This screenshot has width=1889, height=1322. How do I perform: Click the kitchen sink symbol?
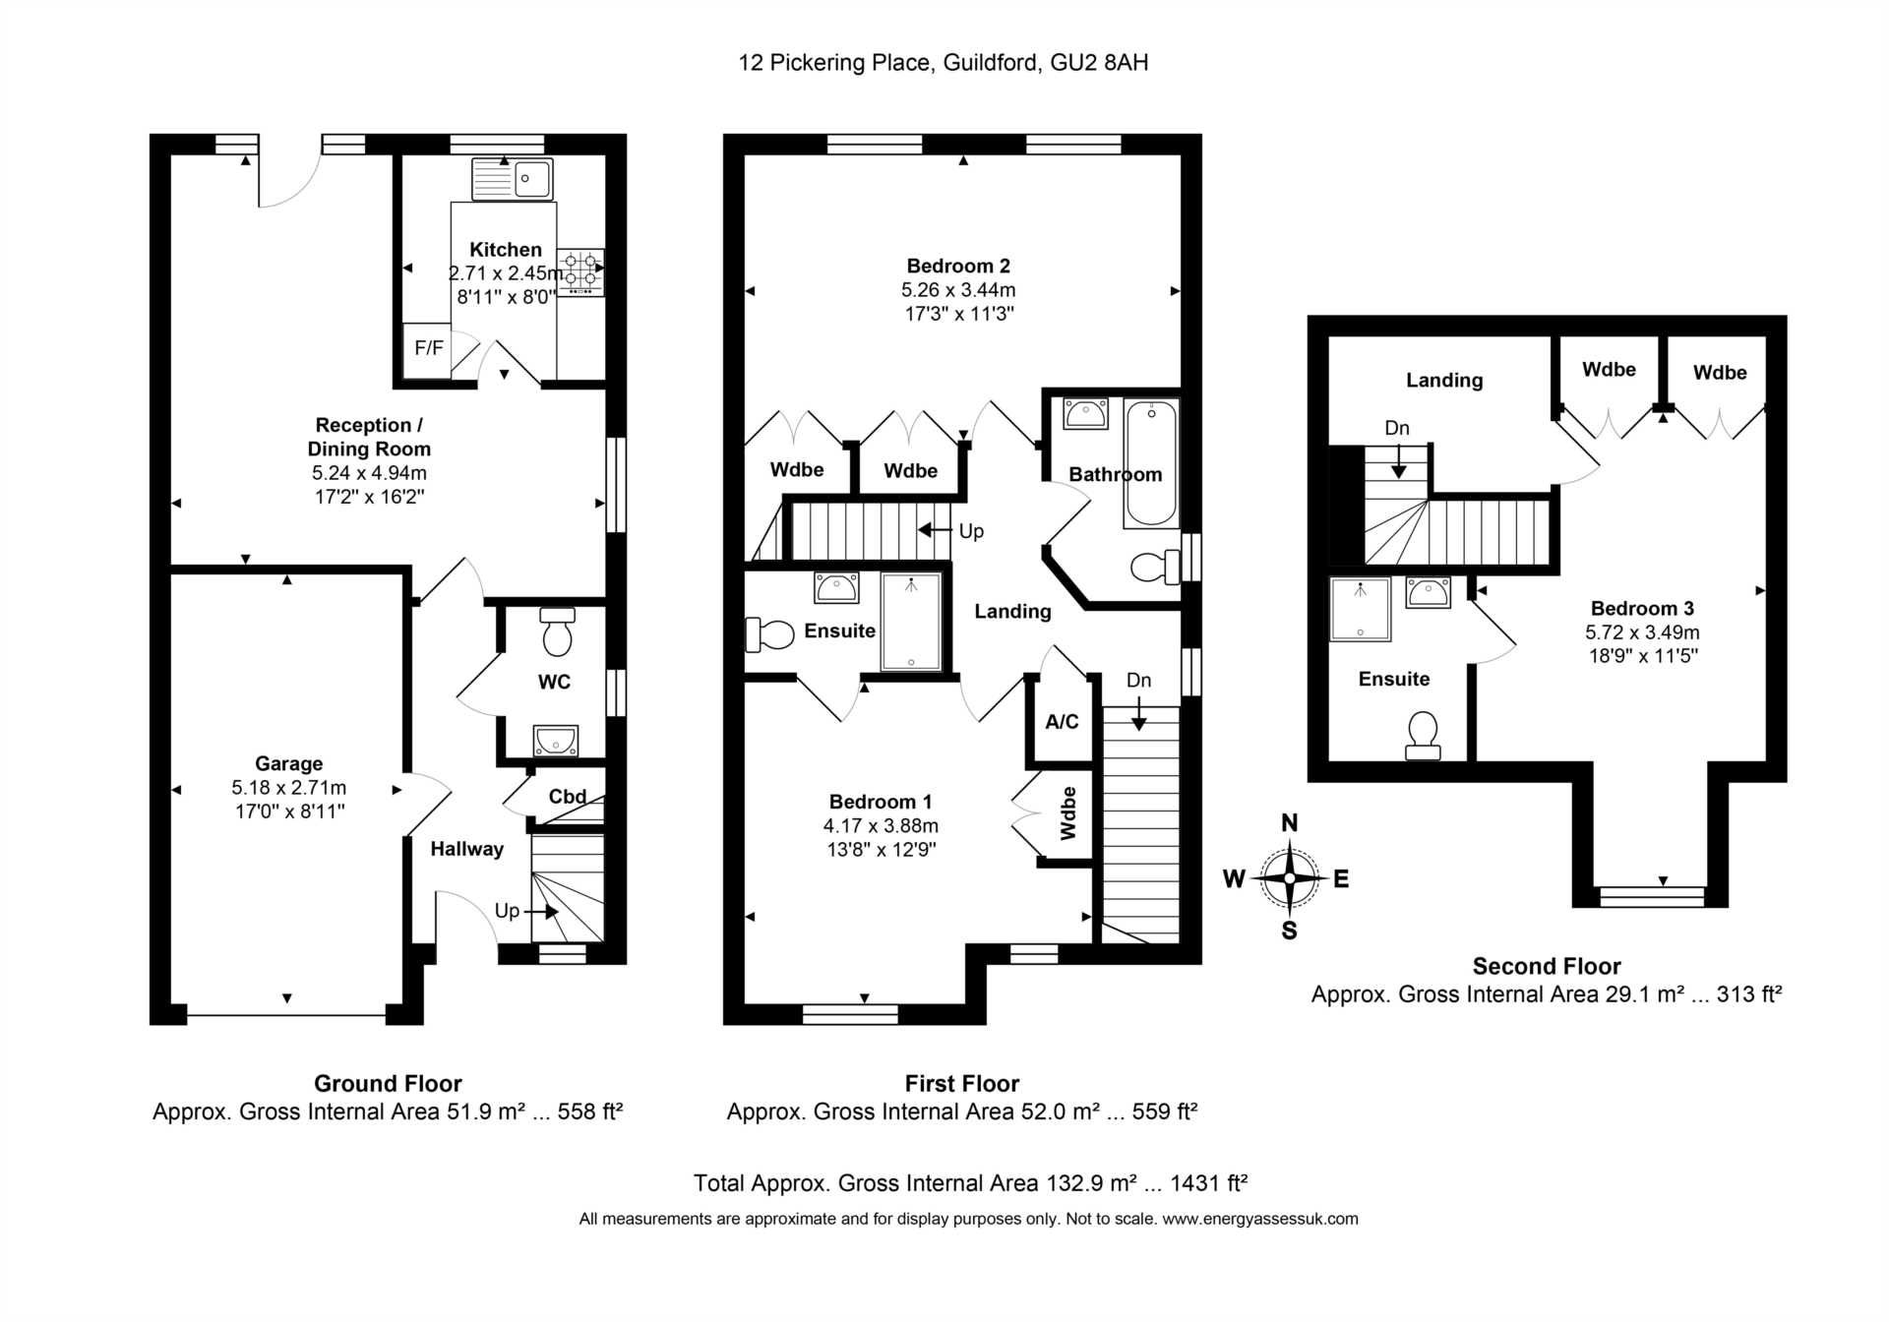point(512,179)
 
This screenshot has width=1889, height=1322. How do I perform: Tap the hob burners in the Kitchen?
point(581,272)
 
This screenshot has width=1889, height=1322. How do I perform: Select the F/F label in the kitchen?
point(429,348)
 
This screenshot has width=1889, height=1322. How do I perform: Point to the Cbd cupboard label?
point(568,797)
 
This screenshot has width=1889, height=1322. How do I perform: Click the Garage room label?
point(288,763)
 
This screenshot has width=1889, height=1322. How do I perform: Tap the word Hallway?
point(466,849)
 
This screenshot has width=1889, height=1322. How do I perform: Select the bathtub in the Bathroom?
point(1150,463)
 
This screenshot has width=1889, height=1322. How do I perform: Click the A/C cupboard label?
point(1062,722)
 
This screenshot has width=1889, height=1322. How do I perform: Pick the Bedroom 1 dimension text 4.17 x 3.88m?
point(881,825)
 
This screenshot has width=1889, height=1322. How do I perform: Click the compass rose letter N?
point(1289,823)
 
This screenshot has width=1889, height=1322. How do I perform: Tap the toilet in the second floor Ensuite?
point(1423,736)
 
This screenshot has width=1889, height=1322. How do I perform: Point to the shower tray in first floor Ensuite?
point(911,622)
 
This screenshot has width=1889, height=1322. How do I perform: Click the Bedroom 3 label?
point(1642,608)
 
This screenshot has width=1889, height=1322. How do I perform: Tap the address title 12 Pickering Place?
point(834,63)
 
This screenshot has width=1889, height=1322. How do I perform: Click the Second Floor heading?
point(1547,966)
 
